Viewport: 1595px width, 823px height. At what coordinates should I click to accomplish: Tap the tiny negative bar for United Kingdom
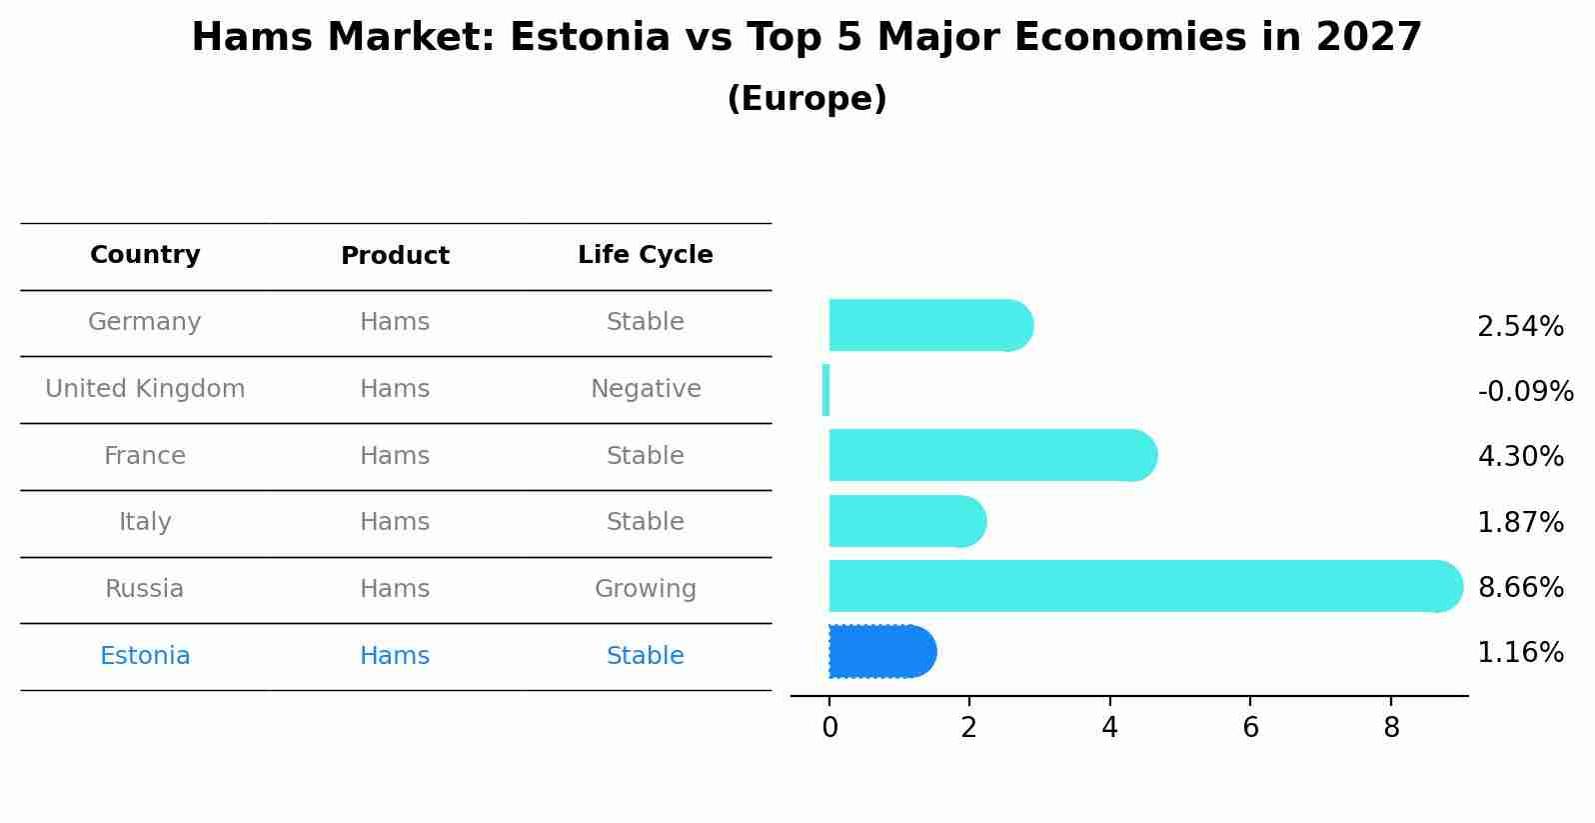click(825, 390)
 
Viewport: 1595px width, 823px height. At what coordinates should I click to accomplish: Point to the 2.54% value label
click(1520, 327)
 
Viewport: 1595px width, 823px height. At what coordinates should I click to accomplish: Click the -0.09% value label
click(1525, 392)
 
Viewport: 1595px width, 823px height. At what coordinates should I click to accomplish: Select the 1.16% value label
click(1520, 653)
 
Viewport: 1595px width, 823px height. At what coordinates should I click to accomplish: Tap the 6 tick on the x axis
click(1250, 728)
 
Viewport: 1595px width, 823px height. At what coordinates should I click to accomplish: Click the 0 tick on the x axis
click(829, 728)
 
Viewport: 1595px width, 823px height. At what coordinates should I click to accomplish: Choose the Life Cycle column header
click(645, 255)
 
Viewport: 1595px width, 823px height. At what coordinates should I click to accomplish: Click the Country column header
click(145, 255)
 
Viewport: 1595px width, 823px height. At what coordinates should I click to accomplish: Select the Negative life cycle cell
click(645, 389)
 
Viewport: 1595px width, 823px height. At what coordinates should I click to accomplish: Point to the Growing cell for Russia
click(645, 589)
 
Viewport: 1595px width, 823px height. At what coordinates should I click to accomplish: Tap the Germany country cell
click(145, 322)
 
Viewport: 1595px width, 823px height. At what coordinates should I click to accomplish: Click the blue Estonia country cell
click(145, 656)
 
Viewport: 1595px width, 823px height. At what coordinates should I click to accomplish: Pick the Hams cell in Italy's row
click(395, 522)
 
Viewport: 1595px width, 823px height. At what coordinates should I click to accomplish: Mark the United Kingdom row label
click(145, 389)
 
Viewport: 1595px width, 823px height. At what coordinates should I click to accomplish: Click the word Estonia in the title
click(590, 38)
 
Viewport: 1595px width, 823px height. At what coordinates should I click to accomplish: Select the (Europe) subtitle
click(806, 99)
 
